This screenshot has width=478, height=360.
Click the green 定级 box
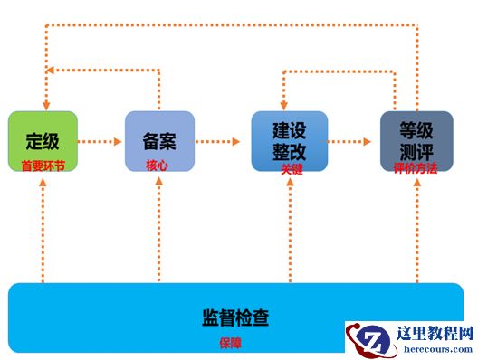pyautogui.click(x=43, y=141)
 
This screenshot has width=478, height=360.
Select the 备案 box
pyautogui.click(x=159, y=141)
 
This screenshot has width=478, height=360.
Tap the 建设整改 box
pyautogui.click(x=290, y=141)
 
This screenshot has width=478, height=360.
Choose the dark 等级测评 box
pyautogui.click(x=416, y=141)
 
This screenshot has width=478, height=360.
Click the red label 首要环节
pyautogui.click(x=43, y=166)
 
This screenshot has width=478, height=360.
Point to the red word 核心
pyautogui.click(x=157, y=166)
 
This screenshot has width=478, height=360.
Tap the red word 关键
pyautogui.click(x=292, y=169)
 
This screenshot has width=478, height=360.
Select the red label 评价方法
pyautogui.click(x=416, y=168)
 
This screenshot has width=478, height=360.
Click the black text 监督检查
pyautogui.click(x=235, y=317)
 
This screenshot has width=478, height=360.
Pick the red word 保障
pyautogui.click(x=230, y=343)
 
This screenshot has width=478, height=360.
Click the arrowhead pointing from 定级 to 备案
pyautogui.click(x=118, y=141)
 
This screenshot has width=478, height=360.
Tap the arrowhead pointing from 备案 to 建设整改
pyautogui.click(x=236, y=141)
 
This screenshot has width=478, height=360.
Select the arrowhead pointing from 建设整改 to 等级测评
pyautogui.click(x=367, y=141)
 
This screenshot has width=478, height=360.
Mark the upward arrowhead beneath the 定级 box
pyautogui.click(x=43, y=182)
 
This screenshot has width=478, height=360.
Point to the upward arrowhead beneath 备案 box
pyautogui.click(x=158, y=181)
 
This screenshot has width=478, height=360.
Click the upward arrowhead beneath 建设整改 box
pyautogui.click(x=291, y=182)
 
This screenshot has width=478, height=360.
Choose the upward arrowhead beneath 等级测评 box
pyautogui.click(x=417, y=182)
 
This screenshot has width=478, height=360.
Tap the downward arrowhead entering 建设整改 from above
pyautogui.click(x=284, y=106)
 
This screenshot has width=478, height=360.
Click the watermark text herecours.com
pyautogui.click(x=438, y=349)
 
